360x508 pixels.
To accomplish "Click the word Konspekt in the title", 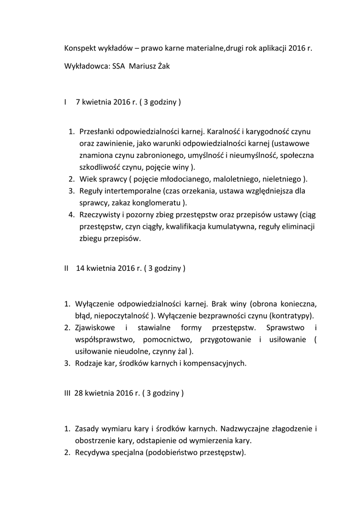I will click(x=81, y=49).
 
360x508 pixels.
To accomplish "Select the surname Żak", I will click(x=162, y=66).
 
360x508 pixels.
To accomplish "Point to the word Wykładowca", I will click(x=86, y=66).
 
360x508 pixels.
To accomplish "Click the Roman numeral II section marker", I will click(x=67, y=268).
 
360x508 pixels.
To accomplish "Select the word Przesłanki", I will click(x=98, y=132).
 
